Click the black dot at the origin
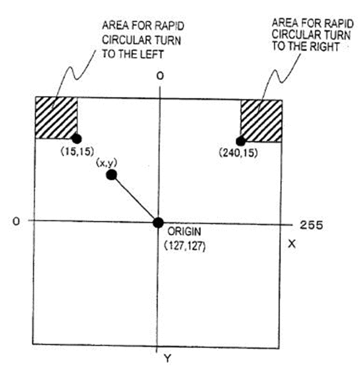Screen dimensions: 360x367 pyautogui.click(x=159, y=222)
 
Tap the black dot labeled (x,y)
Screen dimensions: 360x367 pyautogui.click(x=112, y=175)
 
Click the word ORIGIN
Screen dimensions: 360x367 pyautogui.click(x=184, y=231)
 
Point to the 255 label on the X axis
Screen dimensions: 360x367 pyautogui.click(x=311, y=225)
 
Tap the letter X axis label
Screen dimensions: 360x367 pyautogui.click(x=292, y=244)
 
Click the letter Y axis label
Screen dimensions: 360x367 pyautogui.click(x=167, y=358)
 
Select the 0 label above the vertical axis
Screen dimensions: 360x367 pyautogui.click(x=160, y=76)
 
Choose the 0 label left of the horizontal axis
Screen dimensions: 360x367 pyautogui.click(x=16, y=221)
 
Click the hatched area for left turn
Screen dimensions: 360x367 pyautogui.click(x=56, y=118)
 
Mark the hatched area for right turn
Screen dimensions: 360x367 pyautogui.click(x=261, y=121)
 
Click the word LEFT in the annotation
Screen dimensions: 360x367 pyautogui.click(x=151, y=54)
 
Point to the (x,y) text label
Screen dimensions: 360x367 pyautogui.click(x=107, y=163)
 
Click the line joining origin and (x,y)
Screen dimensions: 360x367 pyautogui.click(x=135, y=199)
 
